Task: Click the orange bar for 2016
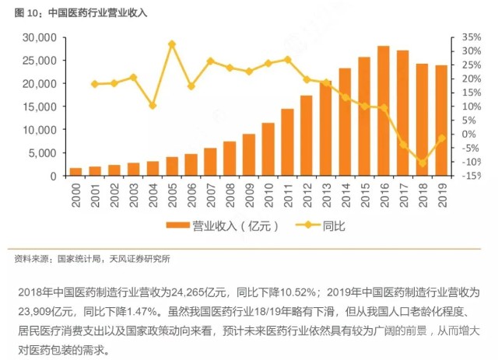(384, 110)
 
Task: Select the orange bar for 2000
(75, 172)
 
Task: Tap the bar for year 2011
(287, 142)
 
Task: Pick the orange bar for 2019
(441, 121)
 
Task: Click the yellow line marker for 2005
(172, 44)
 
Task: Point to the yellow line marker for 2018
(423, 163)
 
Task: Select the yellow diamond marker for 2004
(153, 106)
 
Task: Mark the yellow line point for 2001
(95, 84)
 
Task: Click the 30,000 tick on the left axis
(40, 37)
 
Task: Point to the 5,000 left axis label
(43, 153)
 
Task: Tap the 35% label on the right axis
(472, 37)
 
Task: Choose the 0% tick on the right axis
(468, 135)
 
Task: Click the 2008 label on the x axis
(230, 195)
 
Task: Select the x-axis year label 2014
(345, 195)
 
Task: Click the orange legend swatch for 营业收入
(178, 225)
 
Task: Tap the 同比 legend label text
(334, 226)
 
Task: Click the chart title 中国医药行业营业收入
(98, 13)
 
